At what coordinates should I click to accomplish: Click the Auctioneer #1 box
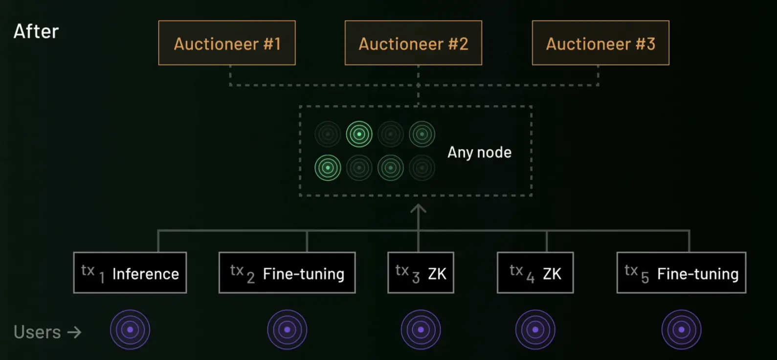227,43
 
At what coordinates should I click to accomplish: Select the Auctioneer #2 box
413,43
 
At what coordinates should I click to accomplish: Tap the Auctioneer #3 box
600,43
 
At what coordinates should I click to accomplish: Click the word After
36,32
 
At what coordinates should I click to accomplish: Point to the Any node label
479,153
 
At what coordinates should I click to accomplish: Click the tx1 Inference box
130,273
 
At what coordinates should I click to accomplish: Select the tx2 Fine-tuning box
287,273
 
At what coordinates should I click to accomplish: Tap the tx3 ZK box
421,273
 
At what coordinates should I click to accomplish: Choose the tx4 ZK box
535,273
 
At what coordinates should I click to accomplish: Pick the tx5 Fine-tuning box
681,273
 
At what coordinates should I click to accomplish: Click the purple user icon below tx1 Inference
130,330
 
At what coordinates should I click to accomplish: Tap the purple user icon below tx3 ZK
421,330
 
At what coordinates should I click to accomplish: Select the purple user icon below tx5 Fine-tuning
681,330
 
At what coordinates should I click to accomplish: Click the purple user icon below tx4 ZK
535,330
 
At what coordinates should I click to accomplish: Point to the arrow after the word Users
74,333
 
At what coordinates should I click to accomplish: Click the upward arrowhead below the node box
418,209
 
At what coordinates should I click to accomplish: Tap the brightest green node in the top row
359,134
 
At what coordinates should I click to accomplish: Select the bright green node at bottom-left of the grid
328,168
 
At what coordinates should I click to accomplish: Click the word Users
37,333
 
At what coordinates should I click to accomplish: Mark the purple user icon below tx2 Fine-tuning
287,330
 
